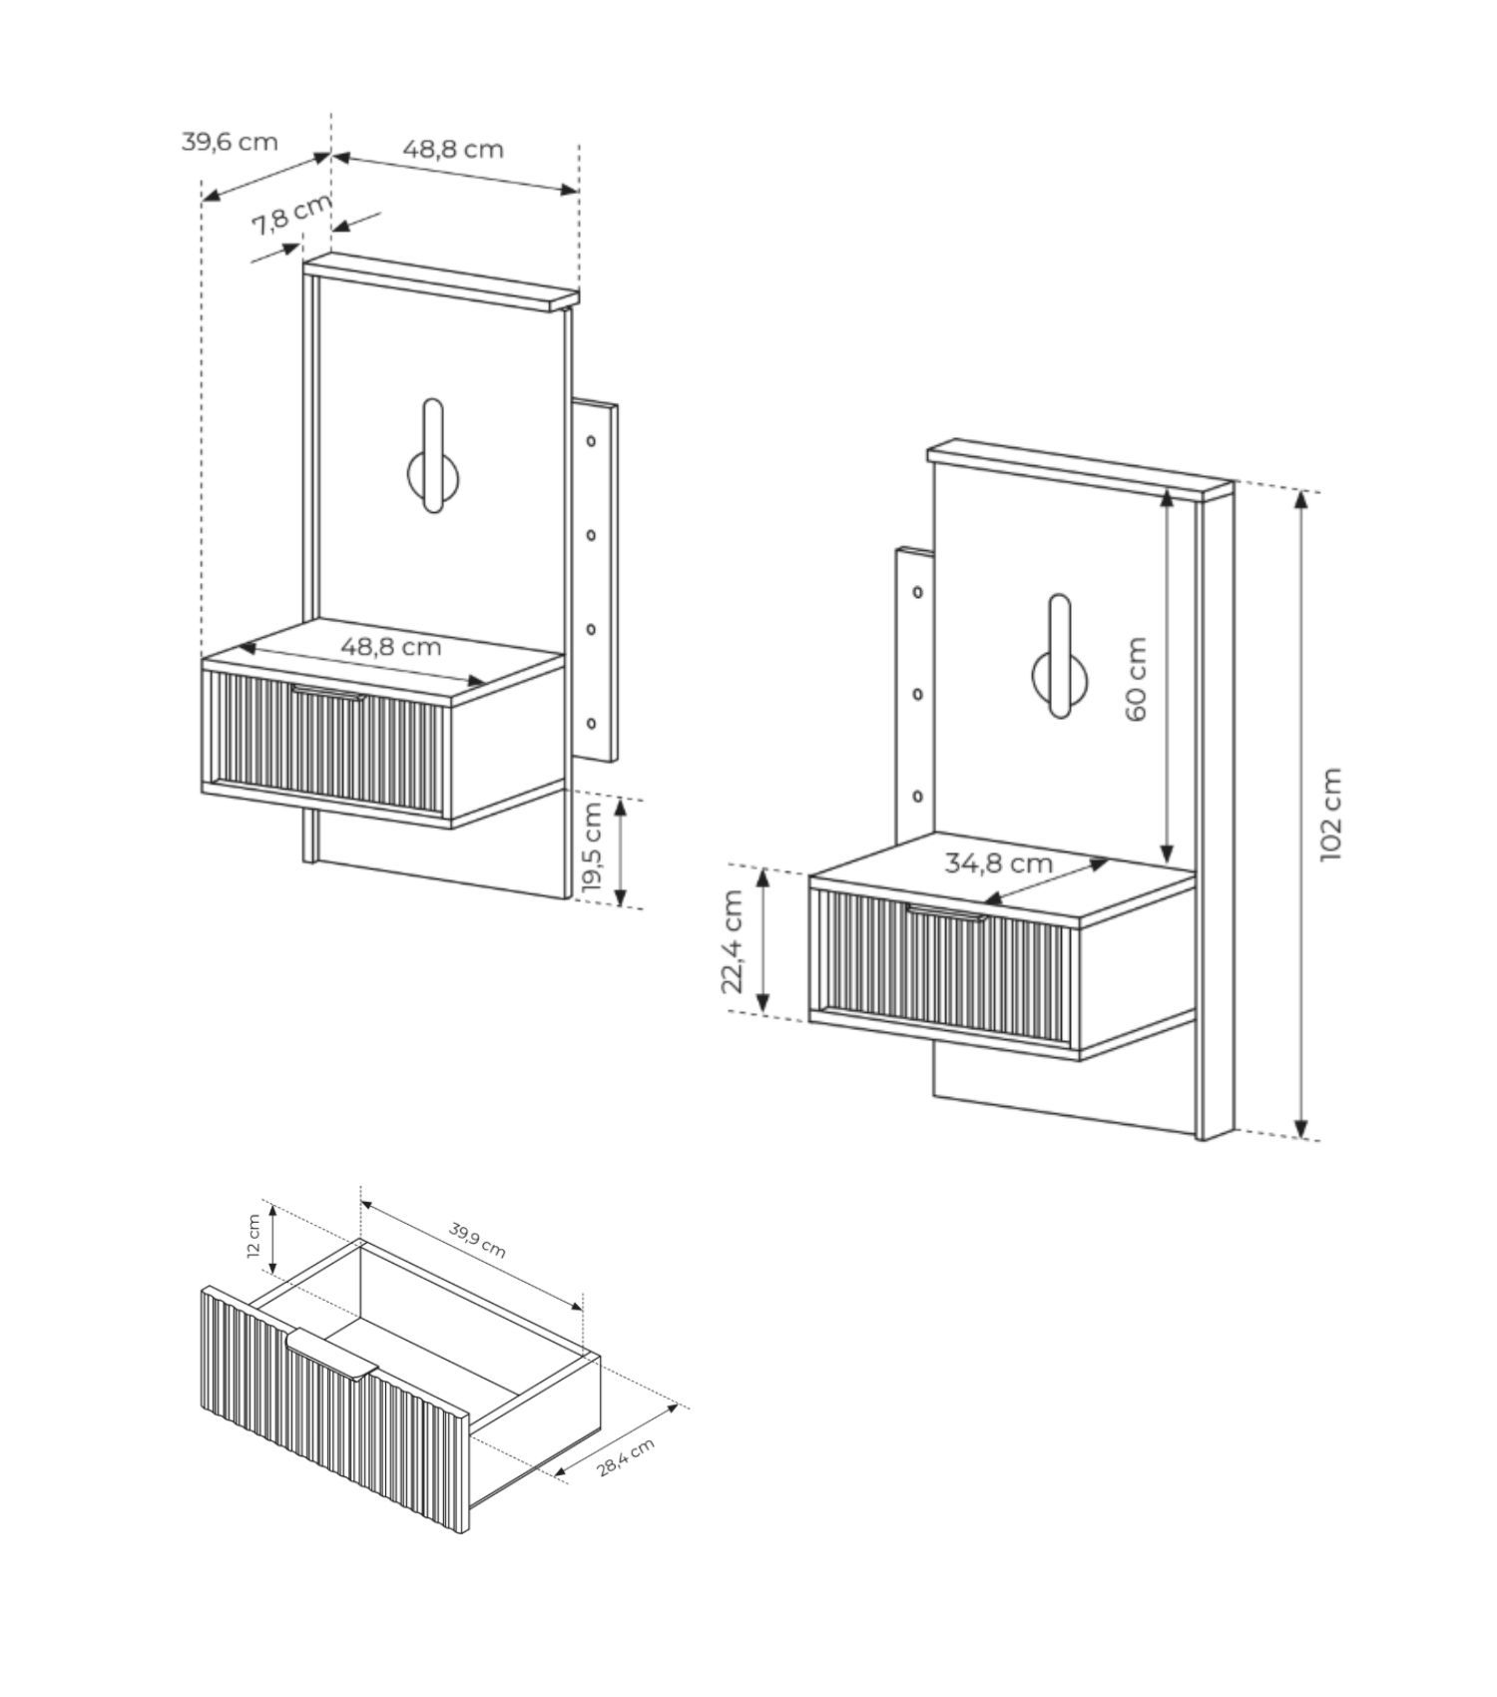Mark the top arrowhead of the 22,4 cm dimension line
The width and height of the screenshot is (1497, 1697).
click(763, 877)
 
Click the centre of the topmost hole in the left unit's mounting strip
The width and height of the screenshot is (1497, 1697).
click(591, 440)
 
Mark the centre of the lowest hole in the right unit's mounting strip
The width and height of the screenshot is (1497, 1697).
click(917, 796)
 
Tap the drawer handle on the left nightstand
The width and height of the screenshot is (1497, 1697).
click(327, 692)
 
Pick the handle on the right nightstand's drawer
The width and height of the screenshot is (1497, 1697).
click(945, 911)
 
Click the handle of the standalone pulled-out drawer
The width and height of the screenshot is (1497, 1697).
click(331, 1354)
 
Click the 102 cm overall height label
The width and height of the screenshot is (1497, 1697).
click(1330, 814)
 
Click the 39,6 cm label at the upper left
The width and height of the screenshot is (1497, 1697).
click(230, 141)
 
